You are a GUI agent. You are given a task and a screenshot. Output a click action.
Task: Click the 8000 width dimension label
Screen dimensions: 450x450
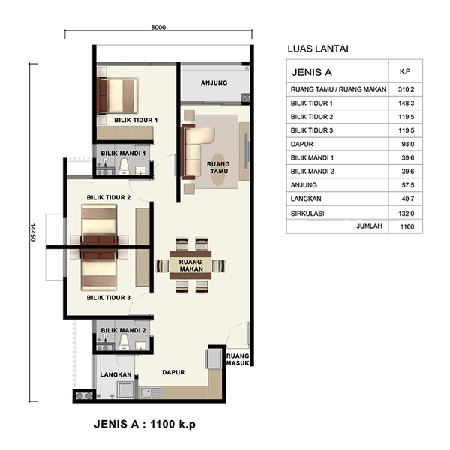point(158,27)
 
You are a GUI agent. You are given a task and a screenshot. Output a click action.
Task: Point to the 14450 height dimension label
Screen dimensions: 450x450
point(33,232)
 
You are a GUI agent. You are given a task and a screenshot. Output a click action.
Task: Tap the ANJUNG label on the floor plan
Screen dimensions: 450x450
point(214,83)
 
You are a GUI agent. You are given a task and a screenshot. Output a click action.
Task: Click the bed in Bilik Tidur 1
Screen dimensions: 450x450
point(118,95)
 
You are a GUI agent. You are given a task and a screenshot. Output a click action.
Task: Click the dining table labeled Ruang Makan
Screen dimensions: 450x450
point(190,265)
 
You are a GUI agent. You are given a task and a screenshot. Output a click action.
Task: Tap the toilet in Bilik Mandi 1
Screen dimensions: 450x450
point(124,167)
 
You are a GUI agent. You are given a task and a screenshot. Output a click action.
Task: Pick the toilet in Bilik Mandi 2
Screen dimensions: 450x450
point(124,343)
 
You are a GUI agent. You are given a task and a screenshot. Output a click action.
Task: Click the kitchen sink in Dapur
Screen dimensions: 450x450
point(151,392)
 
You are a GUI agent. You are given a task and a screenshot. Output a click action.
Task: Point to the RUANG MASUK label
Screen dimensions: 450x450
point(238,359)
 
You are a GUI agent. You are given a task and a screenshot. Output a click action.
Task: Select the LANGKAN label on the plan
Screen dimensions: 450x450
point(115,374)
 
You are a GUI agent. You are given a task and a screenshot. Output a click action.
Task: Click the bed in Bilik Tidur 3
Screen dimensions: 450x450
point(99,271)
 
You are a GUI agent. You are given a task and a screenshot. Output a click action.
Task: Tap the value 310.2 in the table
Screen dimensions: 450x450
point(406,89)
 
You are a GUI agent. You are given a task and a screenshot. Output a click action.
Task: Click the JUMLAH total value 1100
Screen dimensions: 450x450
point(407,226)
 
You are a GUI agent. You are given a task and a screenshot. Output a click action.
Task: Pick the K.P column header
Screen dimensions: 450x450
point(405,71)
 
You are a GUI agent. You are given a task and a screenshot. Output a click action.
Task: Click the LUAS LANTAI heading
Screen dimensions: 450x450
point(318,49)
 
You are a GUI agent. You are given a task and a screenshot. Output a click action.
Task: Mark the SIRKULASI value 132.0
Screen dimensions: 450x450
point(406,214)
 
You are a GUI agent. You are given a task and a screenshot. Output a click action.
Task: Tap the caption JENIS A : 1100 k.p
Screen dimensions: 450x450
point(145,424)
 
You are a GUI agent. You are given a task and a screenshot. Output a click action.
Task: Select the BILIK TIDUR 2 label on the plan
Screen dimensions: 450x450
point(109,198)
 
